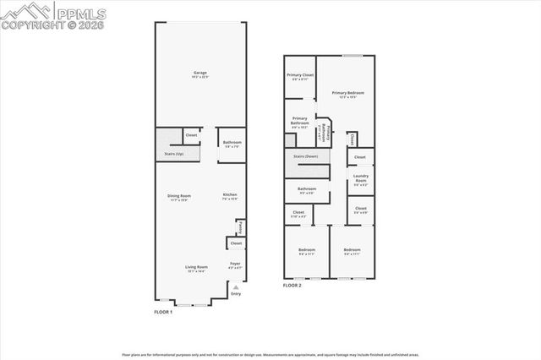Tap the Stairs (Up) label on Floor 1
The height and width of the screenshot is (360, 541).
[174, 154]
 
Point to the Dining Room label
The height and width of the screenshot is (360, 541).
[178, 197]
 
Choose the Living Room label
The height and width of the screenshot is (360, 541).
[196, 268]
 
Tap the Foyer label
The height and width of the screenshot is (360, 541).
[235, 265]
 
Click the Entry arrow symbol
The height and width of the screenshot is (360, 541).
[236, 287]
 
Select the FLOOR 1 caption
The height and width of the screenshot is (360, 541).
[163, 312]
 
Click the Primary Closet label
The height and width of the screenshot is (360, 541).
[300, 76]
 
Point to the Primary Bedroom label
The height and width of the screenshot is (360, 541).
[348, 94]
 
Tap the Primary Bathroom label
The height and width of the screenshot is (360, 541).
[300, 121]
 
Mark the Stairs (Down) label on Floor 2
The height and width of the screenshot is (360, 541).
[305, 156]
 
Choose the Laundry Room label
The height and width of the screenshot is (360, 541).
[360, 177]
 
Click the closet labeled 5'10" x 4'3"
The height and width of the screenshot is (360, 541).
[298, 213]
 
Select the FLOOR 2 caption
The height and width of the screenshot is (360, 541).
[292, 285]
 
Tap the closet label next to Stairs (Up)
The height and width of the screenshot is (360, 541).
[192, 135]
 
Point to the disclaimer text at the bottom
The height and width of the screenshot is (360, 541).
[270, 356]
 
